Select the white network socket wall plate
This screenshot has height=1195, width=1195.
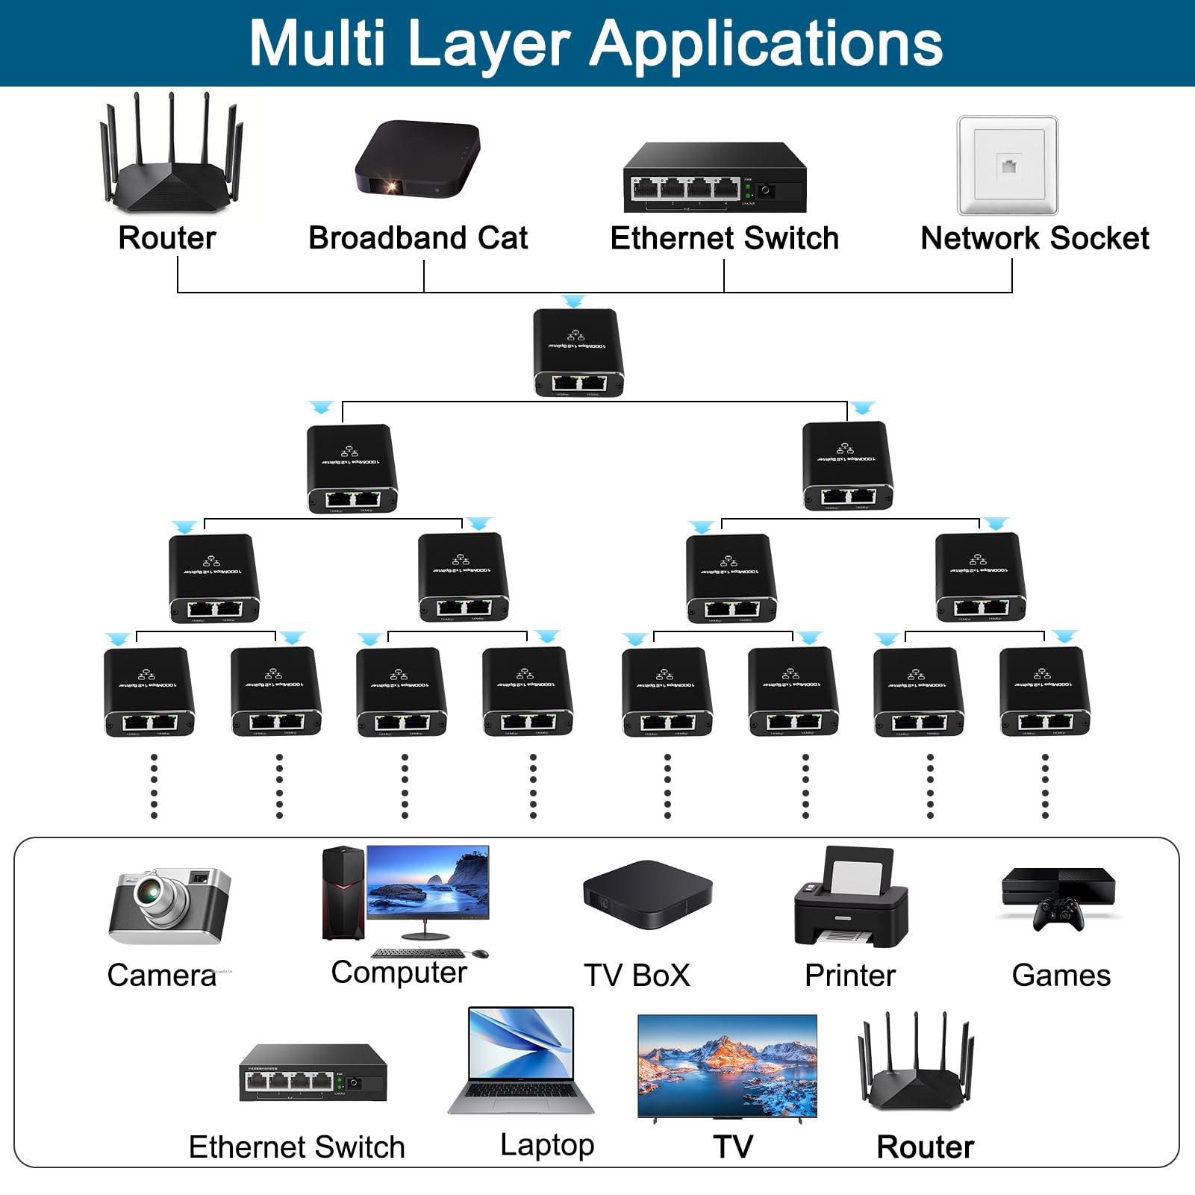(1008, 165)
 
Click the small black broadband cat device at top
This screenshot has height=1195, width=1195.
(418, 158)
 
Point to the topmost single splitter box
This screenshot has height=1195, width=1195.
(578, 352)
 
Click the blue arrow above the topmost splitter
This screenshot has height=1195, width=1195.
(573, 301)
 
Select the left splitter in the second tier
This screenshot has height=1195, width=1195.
(352, 468)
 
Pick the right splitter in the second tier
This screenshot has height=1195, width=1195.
(847, 465)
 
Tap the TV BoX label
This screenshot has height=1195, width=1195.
(637, 976)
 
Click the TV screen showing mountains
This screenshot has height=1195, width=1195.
(727, 1065)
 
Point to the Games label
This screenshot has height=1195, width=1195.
(1061, 976)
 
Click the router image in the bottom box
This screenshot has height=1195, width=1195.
(917, 1064)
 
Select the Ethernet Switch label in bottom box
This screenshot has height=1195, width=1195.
(296, 1147)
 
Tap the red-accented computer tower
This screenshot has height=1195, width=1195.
(343, 892)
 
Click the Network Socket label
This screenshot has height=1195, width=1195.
(1035, 238)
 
